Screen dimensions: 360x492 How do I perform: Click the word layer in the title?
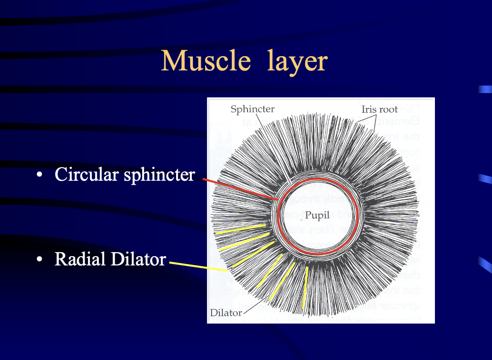[x=298, y=62]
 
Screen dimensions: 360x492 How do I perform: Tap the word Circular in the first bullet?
[x=87, y=174]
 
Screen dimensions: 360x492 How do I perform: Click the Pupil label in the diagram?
[x=317, y=215]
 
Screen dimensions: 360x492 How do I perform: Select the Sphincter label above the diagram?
[x=252, y=109]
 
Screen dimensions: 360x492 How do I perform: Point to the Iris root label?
[x=379, y=109]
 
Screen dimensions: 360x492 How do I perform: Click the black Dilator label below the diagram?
[x=226, y=313]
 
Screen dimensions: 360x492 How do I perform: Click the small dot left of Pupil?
[x=302, y=219]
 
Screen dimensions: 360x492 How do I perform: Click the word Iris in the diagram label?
[x=368, y=109]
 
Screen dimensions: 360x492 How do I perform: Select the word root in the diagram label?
[x=388, y=109]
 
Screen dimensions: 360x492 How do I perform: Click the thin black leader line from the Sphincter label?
[x=276, y=148]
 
